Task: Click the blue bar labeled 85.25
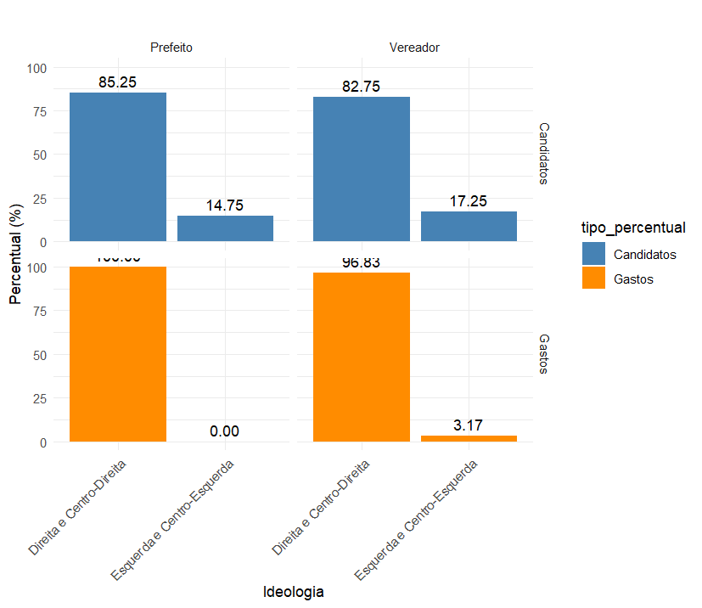(x=118, y=167)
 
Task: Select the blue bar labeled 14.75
(x=225, y=228)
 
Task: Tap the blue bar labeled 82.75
(x=362, y=169)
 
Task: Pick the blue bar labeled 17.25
(x=469, y=227)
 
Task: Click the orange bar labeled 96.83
(x=362, y=357)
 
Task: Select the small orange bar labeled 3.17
(x=469, y=438)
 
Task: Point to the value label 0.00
(x=225, y=432)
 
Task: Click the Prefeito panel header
(x=171, y=48)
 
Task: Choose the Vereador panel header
(x=414, y=48)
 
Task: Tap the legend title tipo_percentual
(x=633, y=227)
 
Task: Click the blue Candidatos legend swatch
(x=593, y=254)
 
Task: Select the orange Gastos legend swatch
(x=593, y=278)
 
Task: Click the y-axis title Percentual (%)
(x=15, y=252)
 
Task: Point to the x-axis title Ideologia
(x=293, y=591)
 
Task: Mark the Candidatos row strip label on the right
(x=544, y=153)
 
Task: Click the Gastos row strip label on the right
(x=544, y=353)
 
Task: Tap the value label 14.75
(x=225, y=205)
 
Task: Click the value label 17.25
(x=469, y=201)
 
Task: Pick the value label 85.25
(x=118, y=82)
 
